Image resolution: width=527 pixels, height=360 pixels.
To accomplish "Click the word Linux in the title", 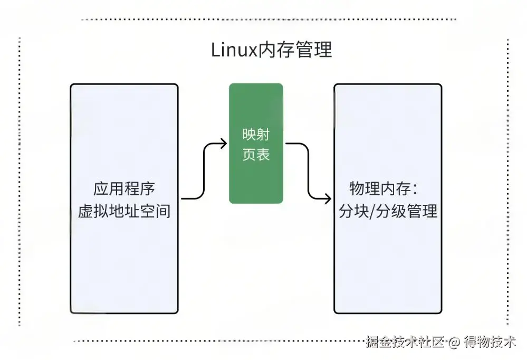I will pyautogui.click(x=234, y=50).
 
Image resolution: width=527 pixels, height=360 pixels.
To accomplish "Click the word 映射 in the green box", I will pyautogui.click(x=256, y=135).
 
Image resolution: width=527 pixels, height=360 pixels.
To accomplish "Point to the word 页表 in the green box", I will pyautogui.click(x=256, y=155).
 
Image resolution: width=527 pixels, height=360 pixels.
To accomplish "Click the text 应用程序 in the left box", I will pyautogui.click(x=124, y=189).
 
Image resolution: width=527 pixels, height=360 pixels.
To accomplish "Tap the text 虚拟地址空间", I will pyautogui.click(x=124, y=211).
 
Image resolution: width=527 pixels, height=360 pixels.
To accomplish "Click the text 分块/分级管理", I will pyautogui.click(x=388, y=211).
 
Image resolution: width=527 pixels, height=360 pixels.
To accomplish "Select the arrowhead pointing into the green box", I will pyautogui.click(x=224, y=144).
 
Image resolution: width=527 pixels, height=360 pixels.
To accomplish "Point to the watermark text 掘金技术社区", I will pyautogui.click(x=405, y=342).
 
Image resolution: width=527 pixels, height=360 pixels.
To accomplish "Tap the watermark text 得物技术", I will pyautogui.click(x=490, y=342).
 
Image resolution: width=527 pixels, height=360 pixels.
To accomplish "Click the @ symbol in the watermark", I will pyautogui.click(x=454, y=343).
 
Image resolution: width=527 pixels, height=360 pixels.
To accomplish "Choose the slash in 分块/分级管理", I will pyautogui.click(x=371, y=212).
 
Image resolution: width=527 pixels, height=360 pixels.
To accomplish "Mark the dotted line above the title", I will pyautogui.click(x=269, y=20).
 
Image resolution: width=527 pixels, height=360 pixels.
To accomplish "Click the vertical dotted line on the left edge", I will pyautogui.click(x=20, y=179).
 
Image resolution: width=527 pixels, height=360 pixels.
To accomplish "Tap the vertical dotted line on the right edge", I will pyautogui.click(x=508, y=179).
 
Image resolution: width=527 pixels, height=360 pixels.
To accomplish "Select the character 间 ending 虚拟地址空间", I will pyautogui.click(x=164, y=211).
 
